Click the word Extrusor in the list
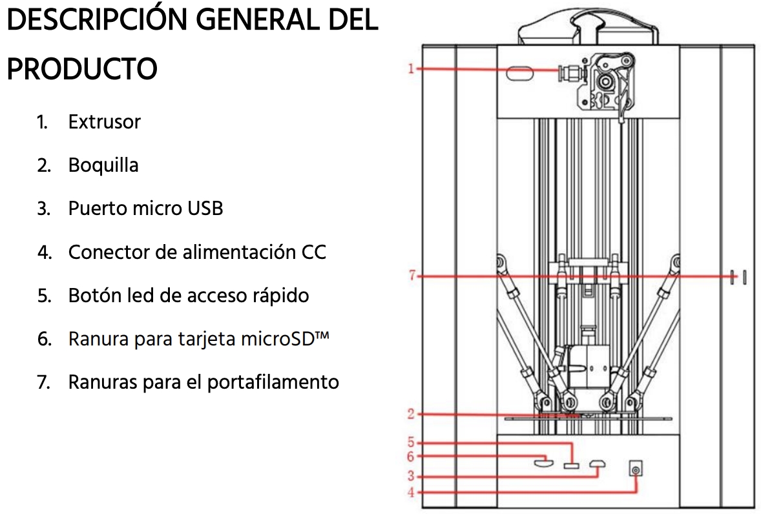(105, 121)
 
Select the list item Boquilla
(103, 165)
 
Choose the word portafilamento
(273, 382)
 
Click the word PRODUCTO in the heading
(83, 69)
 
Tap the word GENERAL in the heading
(257, 20)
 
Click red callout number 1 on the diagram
(411, 69)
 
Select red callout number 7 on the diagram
(412, 276)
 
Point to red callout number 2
(411, 414)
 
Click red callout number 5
(411, 442)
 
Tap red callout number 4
(411, 492)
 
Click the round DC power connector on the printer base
(636, 469)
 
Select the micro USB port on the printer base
(598, 464)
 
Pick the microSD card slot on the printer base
(543, 462)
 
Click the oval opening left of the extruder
(520, 74)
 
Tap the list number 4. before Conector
(44, 252)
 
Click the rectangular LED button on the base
(571, 466)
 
